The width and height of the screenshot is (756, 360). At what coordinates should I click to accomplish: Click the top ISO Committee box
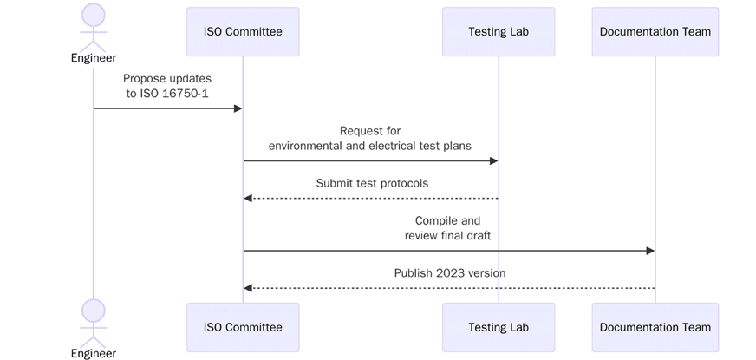tap(243, 32)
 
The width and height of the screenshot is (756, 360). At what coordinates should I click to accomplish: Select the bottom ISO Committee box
tap(243, 327)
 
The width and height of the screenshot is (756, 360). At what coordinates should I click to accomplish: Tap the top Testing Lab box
tap(499, 32)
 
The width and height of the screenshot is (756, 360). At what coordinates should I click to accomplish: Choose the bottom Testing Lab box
tap(499, 327)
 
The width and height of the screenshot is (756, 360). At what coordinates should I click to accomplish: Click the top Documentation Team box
tap(655, 32)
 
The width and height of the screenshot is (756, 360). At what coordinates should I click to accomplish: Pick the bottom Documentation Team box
tap(655, 327)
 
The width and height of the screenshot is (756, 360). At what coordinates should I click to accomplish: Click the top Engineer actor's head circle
tap(93, 15)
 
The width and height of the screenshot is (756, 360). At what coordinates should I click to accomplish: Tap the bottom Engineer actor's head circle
tap(93, 310)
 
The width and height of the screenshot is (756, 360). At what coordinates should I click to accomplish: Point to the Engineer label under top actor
tap(93, 58)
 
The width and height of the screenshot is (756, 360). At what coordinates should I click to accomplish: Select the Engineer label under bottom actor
tap(93, 353)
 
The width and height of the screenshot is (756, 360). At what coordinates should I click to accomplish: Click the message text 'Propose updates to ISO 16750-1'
tap(167, 86)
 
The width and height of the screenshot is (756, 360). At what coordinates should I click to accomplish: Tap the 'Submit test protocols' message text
tap(372, 183)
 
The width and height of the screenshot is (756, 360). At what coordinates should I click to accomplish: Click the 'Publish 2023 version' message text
tap(449, 272)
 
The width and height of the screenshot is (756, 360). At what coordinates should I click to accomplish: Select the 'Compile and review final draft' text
tap(447, 228)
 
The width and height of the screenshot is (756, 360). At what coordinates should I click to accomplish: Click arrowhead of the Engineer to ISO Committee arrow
tap(238, 108)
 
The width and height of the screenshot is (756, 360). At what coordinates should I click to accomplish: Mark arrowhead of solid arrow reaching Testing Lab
tap(493, 160)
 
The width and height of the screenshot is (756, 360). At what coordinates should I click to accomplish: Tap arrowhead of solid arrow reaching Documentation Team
tap(649, 251)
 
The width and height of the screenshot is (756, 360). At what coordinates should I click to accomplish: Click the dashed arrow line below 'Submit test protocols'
tap(371, 199)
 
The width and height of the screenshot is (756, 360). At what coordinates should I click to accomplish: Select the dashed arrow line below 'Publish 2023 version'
tap(449, 288)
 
